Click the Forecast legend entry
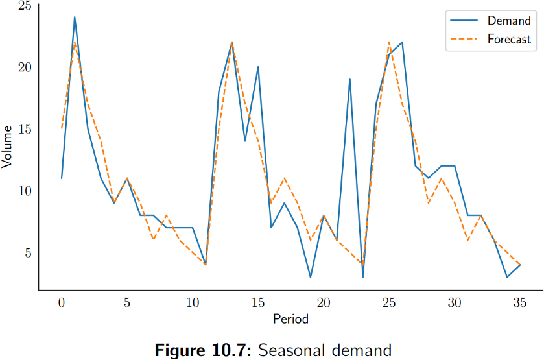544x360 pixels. click(x=509, y=39)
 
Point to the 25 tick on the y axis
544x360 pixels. click(x=25, y=6)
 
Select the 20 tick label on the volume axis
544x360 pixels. click(x=25, y=67)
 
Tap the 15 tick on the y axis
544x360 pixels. click(x=25, y=129)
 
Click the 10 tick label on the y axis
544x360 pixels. click(x=25, y=191)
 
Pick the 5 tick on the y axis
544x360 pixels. click(x=28, y=252)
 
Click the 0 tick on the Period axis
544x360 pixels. click(x=62, y=302)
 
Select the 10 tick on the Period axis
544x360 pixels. click(x=193, y=302)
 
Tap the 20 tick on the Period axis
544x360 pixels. click(x=324, y=302)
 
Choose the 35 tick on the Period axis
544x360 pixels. click(x=520, y=302)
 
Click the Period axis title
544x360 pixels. click(x=290, y=318)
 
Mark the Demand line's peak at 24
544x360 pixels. click(x=75, y=18)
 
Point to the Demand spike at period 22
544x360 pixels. click(x=350, y=79)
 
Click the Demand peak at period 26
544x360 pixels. click(x=402, y=42)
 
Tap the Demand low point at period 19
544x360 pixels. click(x=311, y=277)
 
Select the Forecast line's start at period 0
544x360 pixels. click(x=62, y=128)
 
